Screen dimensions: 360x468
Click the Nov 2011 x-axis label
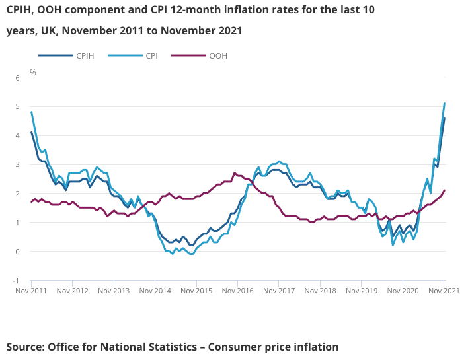coord(31,290)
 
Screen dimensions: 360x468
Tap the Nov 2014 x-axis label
coord(155,290)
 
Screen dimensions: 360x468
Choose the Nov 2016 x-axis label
coord(237,290)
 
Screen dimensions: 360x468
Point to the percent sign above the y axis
coord(32,71)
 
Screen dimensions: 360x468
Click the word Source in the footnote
coord(26,347)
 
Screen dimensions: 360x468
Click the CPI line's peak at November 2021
coord(444,103)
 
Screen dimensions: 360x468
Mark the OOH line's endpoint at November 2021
coord(444,190)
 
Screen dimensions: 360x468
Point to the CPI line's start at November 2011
coord(31,112)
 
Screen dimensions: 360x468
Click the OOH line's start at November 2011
coord(31,201)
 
